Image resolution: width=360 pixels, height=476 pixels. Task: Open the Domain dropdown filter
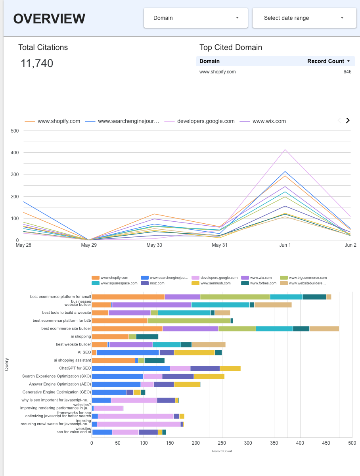coord(195,18)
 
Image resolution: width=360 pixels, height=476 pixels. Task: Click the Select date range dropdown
coord(304,18)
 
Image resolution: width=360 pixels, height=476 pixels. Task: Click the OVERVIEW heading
coord(49,19)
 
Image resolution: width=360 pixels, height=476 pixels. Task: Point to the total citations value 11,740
coord(37,63)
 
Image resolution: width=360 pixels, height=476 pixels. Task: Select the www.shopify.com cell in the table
coord(217,72)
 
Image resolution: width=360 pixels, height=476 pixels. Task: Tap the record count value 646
coord(347,72)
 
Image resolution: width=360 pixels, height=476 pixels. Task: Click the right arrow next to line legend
coord(348,121)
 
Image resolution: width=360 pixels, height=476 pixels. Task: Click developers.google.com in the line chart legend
coord(205,121)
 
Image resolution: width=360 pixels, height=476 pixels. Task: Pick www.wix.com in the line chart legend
coord(269,121)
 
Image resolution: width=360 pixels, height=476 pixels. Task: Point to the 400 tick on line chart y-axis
coord(15,152)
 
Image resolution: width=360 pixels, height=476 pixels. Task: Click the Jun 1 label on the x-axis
coord(285,245)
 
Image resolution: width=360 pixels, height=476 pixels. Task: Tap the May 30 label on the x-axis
coord(154,245)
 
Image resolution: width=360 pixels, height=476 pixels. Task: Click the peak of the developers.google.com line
coord(285,150)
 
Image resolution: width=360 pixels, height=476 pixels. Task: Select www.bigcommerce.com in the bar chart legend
coord(307,278)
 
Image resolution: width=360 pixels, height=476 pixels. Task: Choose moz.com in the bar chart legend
coord(157,283)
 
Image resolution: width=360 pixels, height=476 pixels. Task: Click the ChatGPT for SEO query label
coord(75,368)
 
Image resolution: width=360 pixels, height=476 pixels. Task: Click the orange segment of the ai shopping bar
coord(110,336)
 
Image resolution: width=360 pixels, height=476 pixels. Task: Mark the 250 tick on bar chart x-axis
coord(222,443)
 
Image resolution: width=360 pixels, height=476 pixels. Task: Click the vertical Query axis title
coord(6,364)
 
